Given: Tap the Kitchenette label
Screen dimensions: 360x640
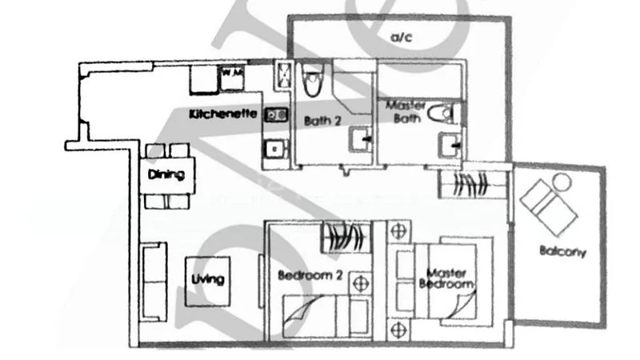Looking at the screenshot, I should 223,114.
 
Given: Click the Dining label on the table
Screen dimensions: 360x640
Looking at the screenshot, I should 166,174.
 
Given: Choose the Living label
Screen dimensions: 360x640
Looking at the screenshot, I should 208,279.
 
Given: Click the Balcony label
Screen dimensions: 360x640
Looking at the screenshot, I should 562,251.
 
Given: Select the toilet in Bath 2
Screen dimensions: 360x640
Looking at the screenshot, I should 311,80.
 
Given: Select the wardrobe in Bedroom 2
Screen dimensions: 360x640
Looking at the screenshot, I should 346,238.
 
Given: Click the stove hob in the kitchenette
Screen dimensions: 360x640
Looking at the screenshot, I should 277,115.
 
